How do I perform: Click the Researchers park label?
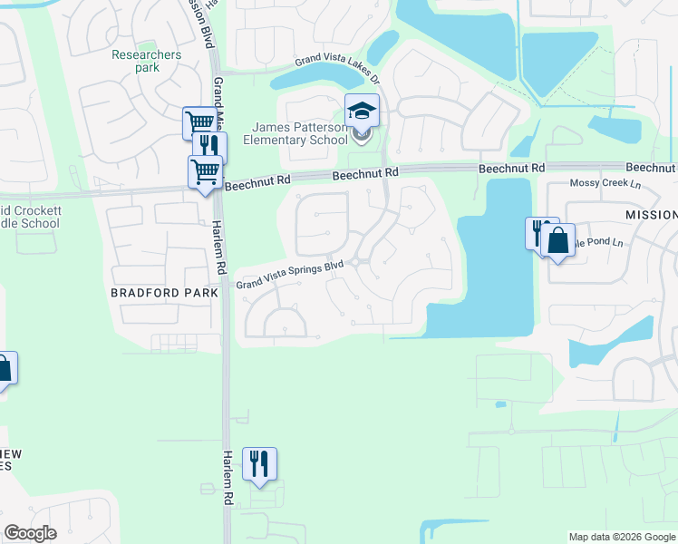147,61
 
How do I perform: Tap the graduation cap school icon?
362,112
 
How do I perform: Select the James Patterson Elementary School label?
300,133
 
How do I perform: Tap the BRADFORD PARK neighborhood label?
164,293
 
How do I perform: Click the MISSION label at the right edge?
651,214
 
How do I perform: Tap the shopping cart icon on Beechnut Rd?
206,170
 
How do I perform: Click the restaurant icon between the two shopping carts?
209,147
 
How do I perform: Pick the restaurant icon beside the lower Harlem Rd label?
260,463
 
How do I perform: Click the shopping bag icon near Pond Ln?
558,240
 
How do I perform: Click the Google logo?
31,533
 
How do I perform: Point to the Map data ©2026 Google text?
622,537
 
